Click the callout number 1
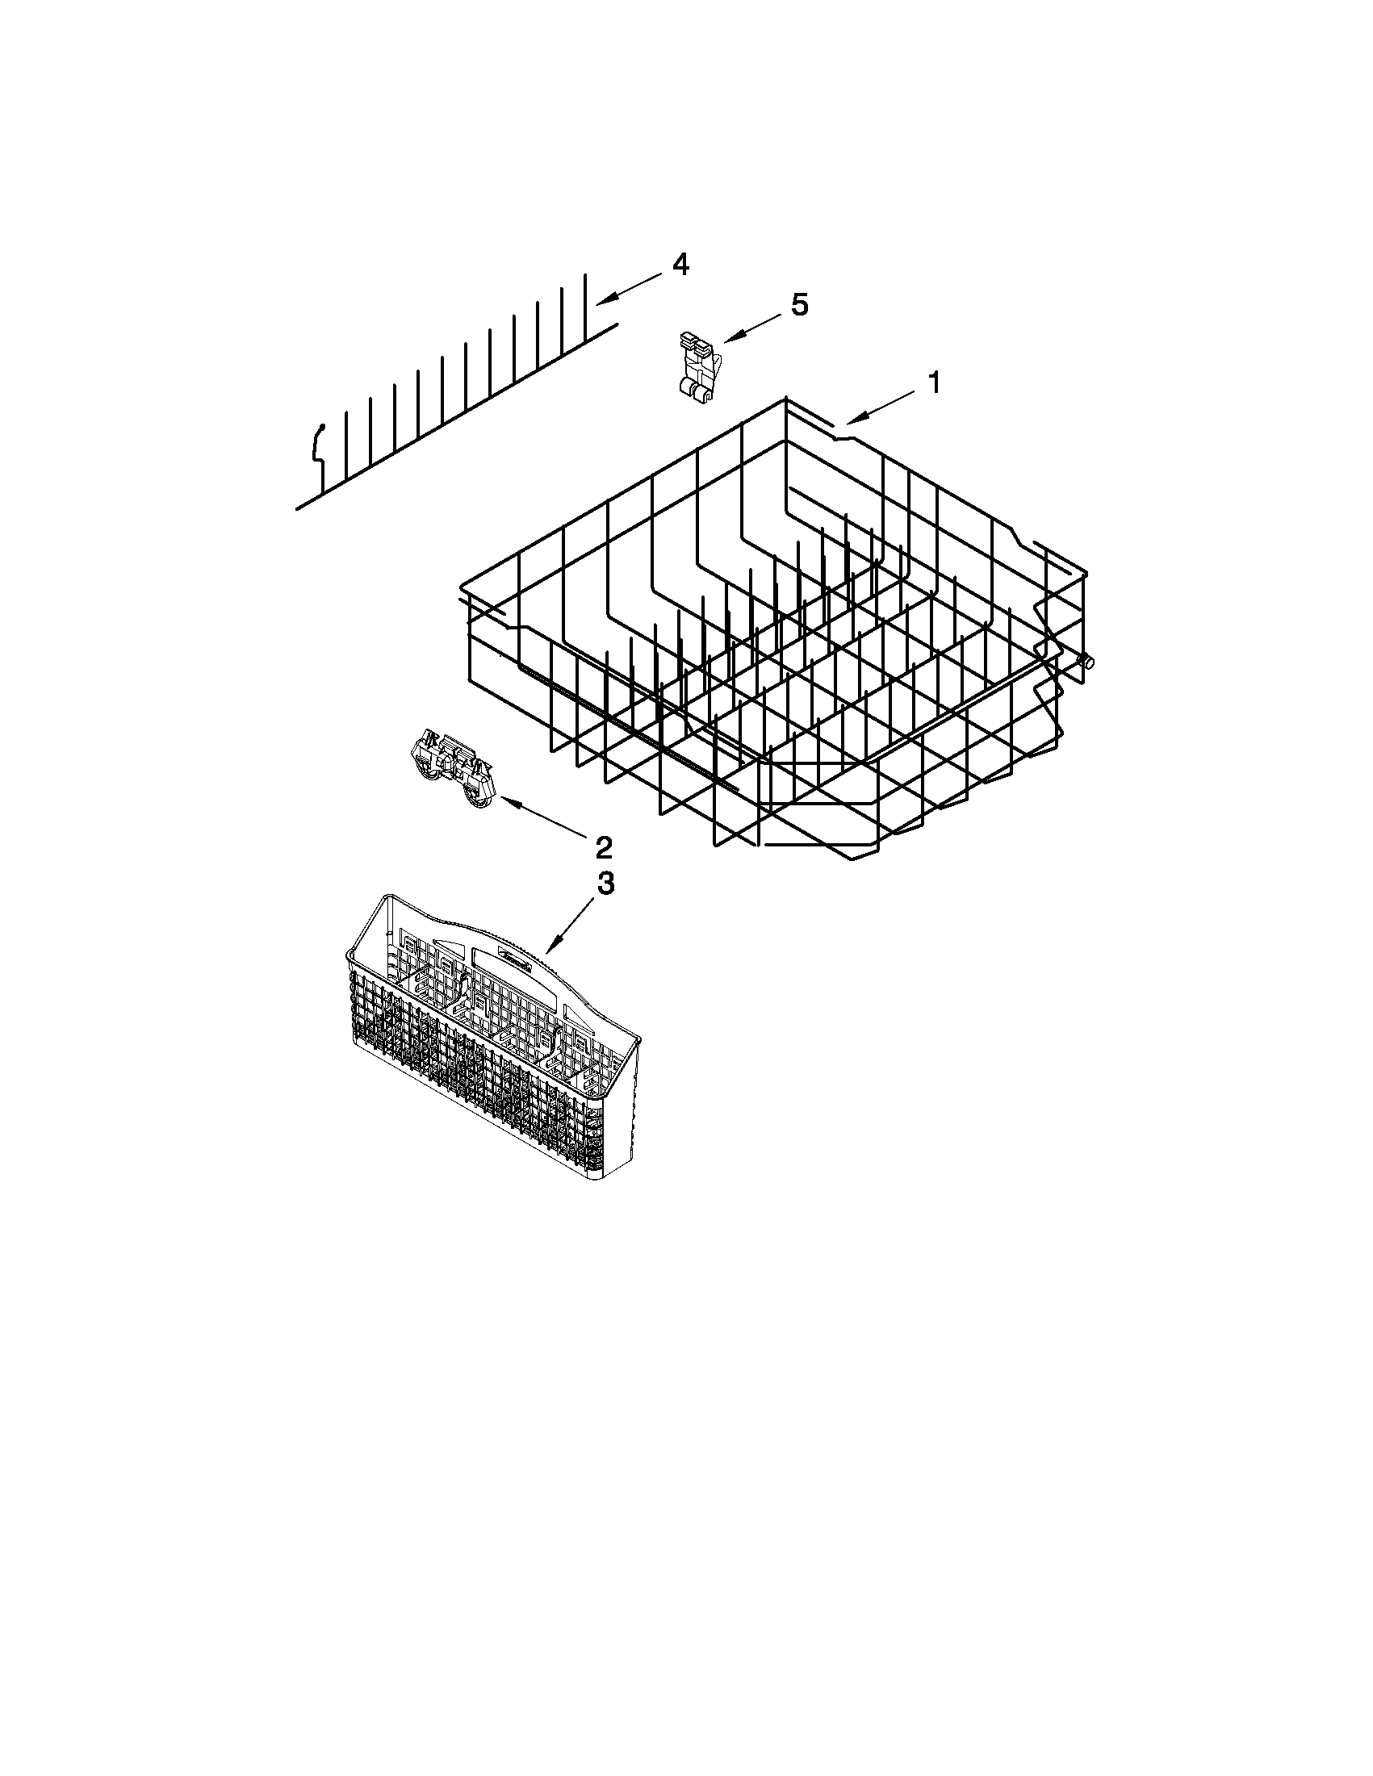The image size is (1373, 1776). [x=935, y=382]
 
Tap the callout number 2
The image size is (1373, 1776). [x=604, y=847]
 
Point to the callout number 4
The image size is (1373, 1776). [x=680, y=265]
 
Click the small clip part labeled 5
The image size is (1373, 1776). [x=696, y=366]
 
